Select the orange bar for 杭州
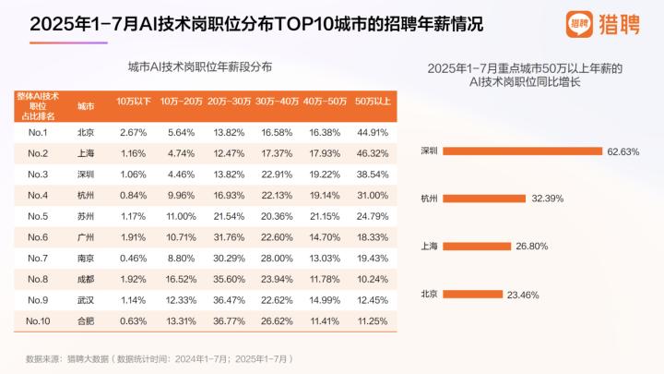[x=485, y=198]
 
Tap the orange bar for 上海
[x=478, y=246]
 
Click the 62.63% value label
[x=622, y=151]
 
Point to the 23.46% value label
[x=523, y=295]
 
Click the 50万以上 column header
[x=373, y=101]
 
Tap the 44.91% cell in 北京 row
[x=373, y=132]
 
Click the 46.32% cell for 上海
[x=373, y=152]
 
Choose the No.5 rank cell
[x=38, y=216]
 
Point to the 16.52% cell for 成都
[x=181, y=278]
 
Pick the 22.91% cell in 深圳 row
[x=277, y=174]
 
